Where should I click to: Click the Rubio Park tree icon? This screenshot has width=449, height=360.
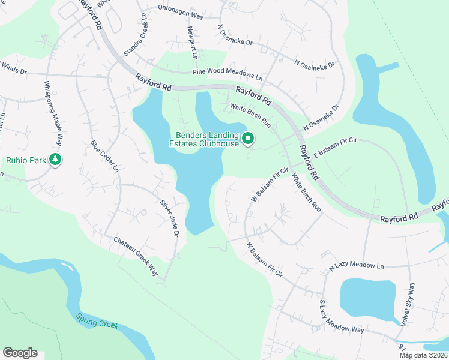pos(55,160)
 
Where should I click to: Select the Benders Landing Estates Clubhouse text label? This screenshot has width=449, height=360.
pos(208,139)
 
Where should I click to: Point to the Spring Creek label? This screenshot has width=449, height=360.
pos(97,321)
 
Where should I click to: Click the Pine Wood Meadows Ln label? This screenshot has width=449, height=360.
pos(228,74)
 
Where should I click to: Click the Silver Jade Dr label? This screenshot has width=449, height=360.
pos(168,216)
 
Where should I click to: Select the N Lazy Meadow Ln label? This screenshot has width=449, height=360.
pos(356,265)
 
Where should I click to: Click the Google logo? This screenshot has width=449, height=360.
pos(20,353)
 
